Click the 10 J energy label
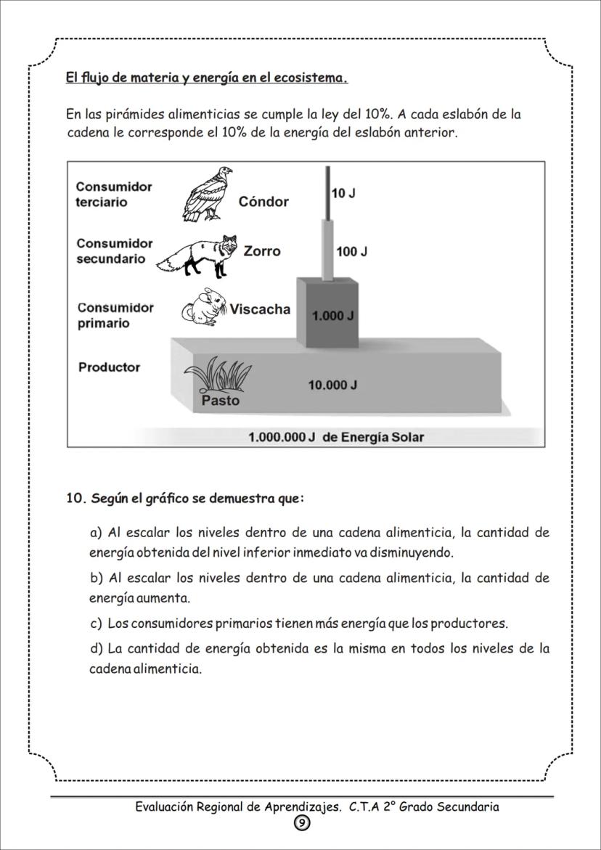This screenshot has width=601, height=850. tap(343, 194)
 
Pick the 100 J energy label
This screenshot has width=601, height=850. tap(351, 252)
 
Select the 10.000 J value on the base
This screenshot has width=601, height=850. tap(332, 385)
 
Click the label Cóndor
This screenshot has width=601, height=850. tap(263, 202)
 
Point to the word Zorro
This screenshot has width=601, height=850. tap(261, 251)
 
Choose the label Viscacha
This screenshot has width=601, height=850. tap(260, 309)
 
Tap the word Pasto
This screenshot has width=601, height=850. tap(220, 401)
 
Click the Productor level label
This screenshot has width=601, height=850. tap(109, 367)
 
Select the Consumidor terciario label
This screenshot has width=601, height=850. tap(114, 195)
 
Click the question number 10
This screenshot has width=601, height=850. tap(76, 499)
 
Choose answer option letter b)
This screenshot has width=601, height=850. tap(97, 579)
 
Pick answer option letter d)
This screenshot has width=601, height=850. tap(97, 648)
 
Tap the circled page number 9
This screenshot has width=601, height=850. tap(301, 822)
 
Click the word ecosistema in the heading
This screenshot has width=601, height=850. tap(310, 78)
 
